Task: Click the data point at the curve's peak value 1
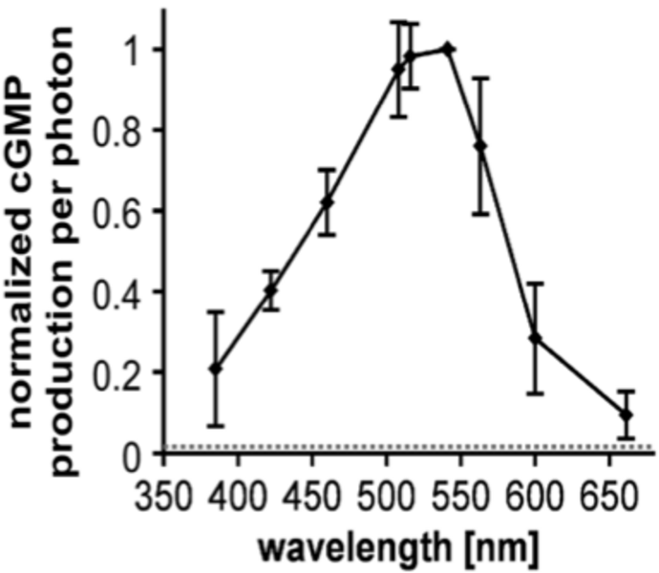click(447, 48)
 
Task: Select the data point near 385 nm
click(216, 368)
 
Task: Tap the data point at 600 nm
click(536, 338)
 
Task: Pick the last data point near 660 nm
click(627, 414)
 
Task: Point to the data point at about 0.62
click(327, 202)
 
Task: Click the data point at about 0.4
click(271, 290)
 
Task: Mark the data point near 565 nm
click(480, 145)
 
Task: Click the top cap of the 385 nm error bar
click(216, 311)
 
